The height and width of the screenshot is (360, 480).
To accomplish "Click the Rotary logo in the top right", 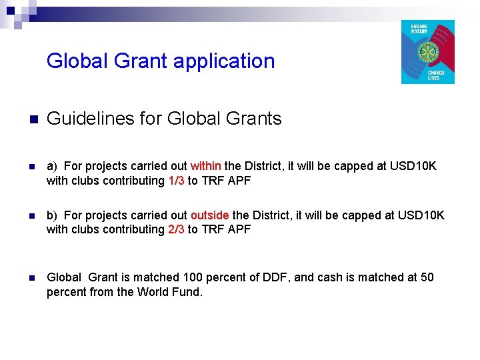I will (427, 52).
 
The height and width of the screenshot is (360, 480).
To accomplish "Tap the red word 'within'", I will (206, 166).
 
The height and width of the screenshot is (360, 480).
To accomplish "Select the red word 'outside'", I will (210, 215).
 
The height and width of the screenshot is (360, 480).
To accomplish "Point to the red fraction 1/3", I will (176, 181).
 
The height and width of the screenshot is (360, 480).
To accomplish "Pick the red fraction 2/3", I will (176, 229).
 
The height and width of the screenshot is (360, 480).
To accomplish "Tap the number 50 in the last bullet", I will (427, 277).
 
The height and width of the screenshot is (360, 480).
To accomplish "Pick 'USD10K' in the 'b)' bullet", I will (421, 215).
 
